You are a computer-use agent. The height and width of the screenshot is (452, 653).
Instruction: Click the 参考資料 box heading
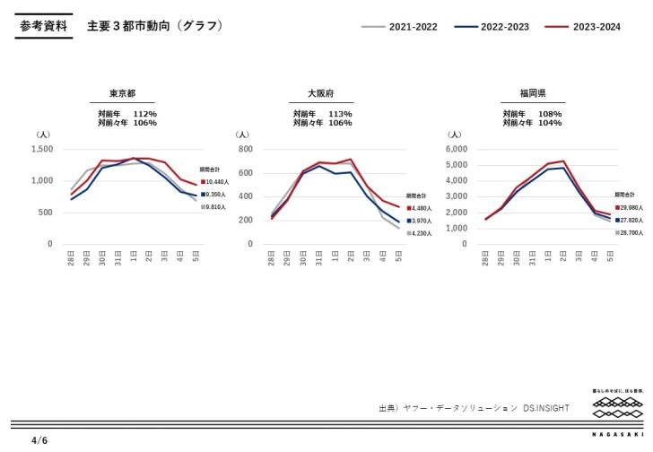[44, 26]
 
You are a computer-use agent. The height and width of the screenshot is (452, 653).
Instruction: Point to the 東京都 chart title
[123, 92]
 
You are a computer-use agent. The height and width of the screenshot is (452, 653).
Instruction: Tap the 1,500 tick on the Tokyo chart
[42, 149]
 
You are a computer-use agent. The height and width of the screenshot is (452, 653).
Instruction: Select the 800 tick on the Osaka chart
[246, 149]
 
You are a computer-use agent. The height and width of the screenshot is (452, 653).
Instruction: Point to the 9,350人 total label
[215, 194]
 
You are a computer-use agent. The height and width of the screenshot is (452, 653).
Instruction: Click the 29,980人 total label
[631, 207]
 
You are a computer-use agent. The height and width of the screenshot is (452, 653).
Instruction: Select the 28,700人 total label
[631, 232]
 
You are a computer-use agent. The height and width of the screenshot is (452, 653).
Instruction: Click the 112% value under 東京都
[145, 114]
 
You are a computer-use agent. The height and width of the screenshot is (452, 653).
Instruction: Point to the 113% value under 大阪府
[340, 114]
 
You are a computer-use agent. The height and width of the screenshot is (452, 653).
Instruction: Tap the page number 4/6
[39, 440]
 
